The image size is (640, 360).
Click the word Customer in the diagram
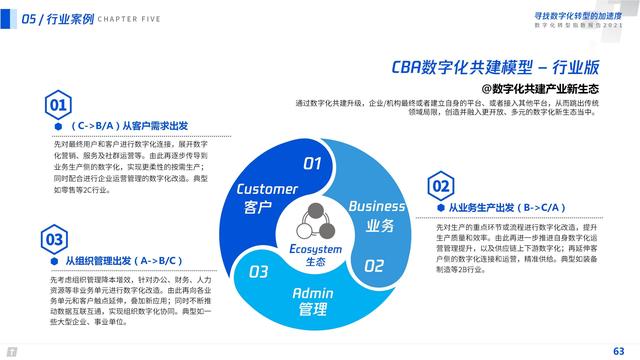point(267,189)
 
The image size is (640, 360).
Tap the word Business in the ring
point(377,206)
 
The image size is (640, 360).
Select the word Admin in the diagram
point(313,293)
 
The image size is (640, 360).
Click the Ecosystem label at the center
point(316,248)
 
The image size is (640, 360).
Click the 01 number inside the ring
point(313,163)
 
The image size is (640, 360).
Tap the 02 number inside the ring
point(373,266)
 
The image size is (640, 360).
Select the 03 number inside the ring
point(259,271)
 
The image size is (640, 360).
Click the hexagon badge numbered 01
point(59,104)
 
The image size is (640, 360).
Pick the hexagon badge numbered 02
point(440,186)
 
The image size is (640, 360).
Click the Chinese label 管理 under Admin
point(313,310)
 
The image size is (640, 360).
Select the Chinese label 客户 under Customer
point(258,208)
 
